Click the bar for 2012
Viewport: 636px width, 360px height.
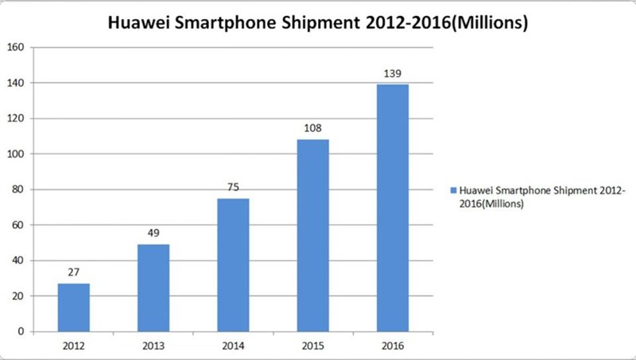pos(73,308)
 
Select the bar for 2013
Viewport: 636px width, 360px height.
pos(153,288)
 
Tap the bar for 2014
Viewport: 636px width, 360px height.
pos(233,265)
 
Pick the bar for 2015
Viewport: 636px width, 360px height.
pos(312,235)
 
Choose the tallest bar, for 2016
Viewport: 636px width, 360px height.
pos(393,207)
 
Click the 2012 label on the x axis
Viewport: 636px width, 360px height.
pos(73,346)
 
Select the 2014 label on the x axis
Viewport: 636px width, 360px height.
pos(233,346)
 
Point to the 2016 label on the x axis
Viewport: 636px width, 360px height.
pos(393,346)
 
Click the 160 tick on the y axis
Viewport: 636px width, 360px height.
pos(16,48)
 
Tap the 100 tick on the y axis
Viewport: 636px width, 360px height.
pos(16,154)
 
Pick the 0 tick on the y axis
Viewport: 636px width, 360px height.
pos(21,331)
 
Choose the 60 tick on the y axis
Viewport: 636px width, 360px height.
pos(18,225)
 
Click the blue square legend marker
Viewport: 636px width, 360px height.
pos(452,192)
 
